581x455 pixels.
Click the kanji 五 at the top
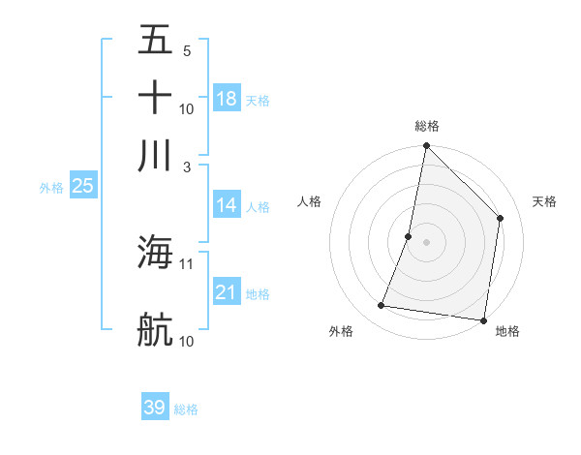click(x=155, y=40)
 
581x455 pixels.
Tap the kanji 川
click(x=155, y=155)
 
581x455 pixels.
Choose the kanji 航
click(x=155, y=329)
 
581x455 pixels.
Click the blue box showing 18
click(x=227, y=99)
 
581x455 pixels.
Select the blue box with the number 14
click(x=227, y=205)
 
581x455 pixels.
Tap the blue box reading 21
click(x=227, y=292)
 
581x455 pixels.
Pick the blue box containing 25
click(x=82, y=186)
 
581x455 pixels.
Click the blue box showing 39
click(x=155, y=408)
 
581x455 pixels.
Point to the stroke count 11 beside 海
click(x=187, y=263)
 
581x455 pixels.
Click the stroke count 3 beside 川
click(x=188, y=167)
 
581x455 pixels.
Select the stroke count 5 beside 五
click(x=187, y=50)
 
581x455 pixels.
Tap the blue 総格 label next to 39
click(x=186, y=409)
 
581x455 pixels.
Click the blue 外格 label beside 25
click(x=51, y=188)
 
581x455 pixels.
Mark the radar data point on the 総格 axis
click(x=426, y=146)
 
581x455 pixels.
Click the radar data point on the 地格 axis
click(x=483, y=319)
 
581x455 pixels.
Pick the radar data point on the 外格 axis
click(x=382, y=306)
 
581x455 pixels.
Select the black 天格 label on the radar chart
click(x=545, y=201)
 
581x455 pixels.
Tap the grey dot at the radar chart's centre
click(x=426, y=242)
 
